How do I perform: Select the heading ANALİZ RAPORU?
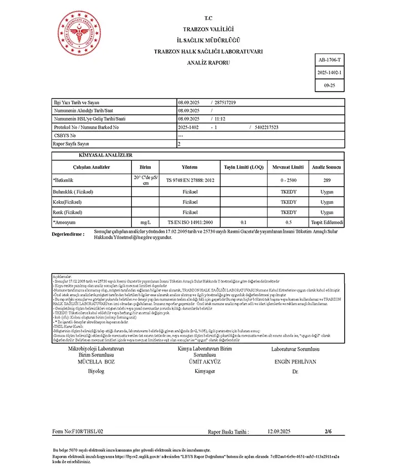click(x=208, y=63)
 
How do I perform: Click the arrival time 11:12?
click(x=221, y=119)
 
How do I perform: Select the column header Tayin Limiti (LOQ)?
click(x=244, y=167)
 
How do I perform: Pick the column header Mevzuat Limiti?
click(x=288, y=167)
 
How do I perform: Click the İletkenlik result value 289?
click(x=327, y=180)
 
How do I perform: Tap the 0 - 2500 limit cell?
click(x=288, y=180)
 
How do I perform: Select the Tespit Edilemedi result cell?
click(x=327, y=222)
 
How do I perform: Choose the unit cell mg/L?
click(x=145, y=222)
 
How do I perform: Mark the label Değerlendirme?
click(x=68, y=234)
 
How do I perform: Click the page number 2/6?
click(x=328, y=431)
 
